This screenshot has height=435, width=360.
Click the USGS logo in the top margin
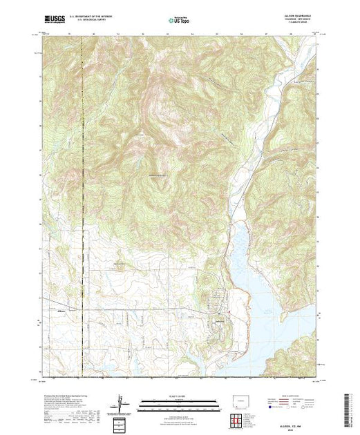pos(53,21)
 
